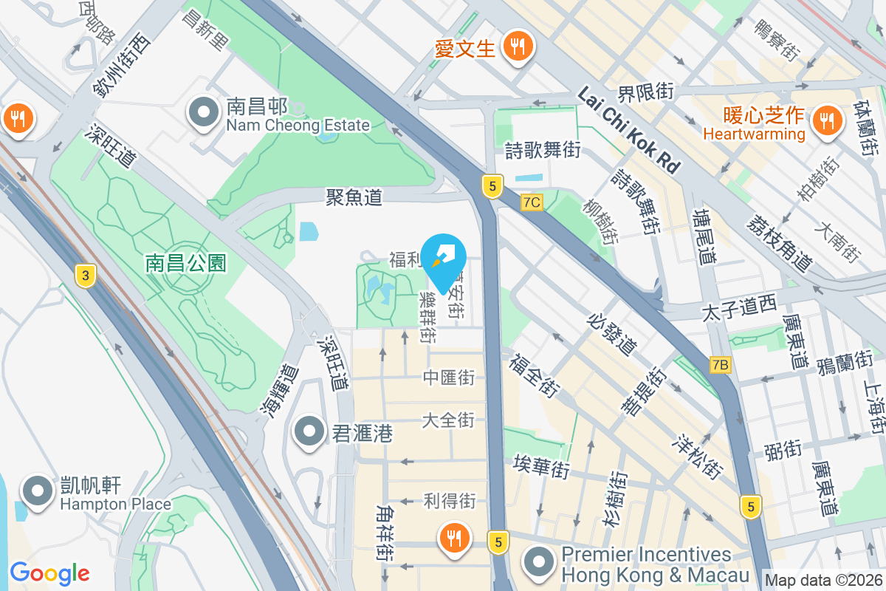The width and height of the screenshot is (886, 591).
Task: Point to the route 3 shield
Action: point(86,276)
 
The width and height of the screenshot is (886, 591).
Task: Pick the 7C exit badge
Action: point(532,202)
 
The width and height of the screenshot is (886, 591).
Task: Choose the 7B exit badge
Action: point(721,364)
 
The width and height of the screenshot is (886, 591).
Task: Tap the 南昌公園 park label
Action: point(185,262)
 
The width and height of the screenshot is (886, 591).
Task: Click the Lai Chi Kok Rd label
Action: point(628,130)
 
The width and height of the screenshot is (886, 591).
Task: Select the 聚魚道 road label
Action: point(354,197)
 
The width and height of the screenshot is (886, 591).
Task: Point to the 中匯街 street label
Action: point(448,378)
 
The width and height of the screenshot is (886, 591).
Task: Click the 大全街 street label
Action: point(448,420)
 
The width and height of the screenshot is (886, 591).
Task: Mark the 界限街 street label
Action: point(646,92)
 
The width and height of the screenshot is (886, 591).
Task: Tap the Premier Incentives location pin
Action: point(540,562)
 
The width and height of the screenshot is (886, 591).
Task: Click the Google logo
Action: point(49,573)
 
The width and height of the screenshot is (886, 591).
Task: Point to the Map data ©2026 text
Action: point(823,581)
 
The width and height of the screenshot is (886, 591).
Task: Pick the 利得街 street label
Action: point(449,500)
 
